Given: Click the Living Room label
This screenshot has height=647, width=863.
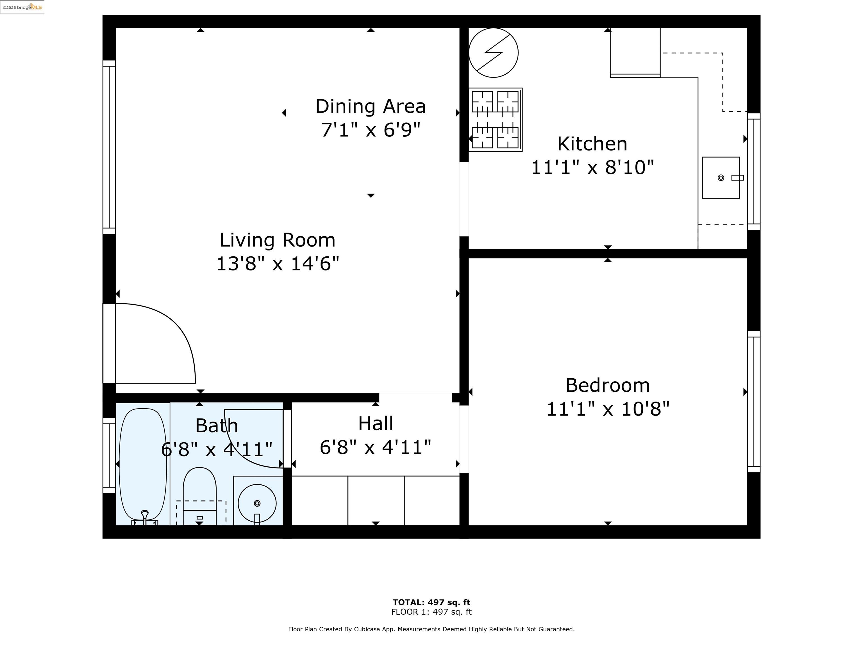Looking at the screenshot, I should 277,240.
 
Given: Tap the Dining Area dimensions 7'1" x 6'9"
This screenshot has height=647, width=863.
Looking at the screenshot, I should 370,130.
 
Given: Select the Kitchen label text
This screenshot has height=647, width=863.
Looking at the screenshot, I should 592,144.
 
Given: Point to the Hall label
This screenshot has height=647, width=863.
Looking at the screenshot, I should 375,423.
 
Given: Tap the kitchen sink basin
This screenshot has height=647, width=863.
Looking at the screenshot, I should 720,177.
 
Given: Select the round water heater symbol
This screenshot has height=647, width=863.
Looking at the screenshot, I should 493,53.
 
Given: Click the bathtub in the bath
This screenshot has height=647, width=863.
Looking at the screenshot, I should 143,464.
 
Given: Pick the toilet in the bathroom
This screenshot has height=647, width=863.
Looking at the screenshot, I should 199,495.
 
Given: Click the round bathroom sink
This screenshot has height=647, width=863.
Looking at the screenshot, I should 257,503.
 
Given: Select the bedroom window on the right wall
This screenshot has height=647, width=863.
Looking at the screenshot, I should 753,402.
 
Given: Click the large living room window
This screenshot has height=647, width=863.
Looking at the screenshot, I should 109,147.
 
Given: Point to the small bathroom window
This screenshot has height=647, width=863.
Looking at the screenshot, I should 109,455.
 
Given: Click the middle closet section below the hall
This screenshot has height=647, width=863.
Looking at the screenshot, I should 376,500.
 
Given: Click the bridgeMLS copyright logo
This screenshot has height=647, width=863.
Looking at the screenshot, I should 22,7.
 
